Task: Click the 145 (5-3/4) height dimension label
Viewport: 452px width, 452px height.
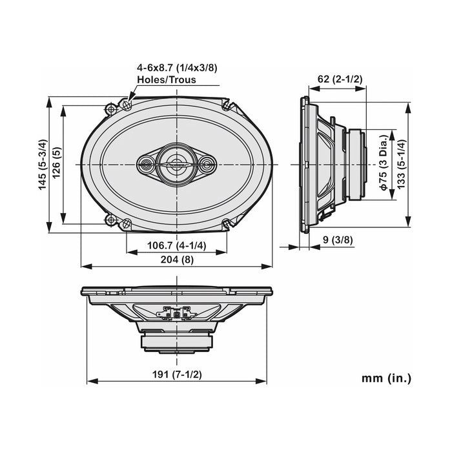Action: tap(43, 165)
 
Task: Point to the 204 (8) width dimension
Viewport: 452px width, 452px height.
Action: tap(176, 260)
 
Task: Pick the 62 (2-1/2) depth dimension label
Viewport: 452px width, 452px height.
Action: tap(340, 79)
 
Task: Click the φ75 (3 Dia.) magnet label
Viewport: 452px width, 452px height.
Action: tap(385, 165)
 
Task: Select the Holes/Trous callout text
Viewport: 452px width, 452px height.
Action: tap(166, 80)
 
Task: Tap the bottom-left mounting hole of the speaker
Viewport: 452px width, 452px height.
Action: tap(125, 223)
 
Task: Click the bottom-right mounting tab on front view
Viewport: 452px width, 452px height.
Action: tap(226, 223)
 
